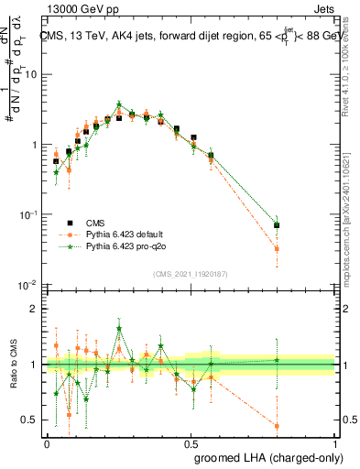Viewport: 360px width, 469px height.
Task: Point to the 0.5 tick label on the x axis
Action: pos(191,442)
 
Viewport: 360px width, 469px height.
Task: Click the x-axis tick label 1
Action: pos(335,442)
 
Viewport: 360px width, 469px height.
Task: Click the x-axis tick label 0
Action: pos(47,442)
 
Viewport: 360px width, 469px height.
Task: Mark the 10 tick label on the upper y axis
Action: pos(30,75)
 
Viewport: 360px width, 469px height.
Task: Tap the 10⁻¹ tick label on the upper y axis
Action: pos(28,214)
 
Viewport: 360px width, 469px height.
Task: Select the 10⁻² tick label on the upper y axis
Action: pos(28,285)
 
